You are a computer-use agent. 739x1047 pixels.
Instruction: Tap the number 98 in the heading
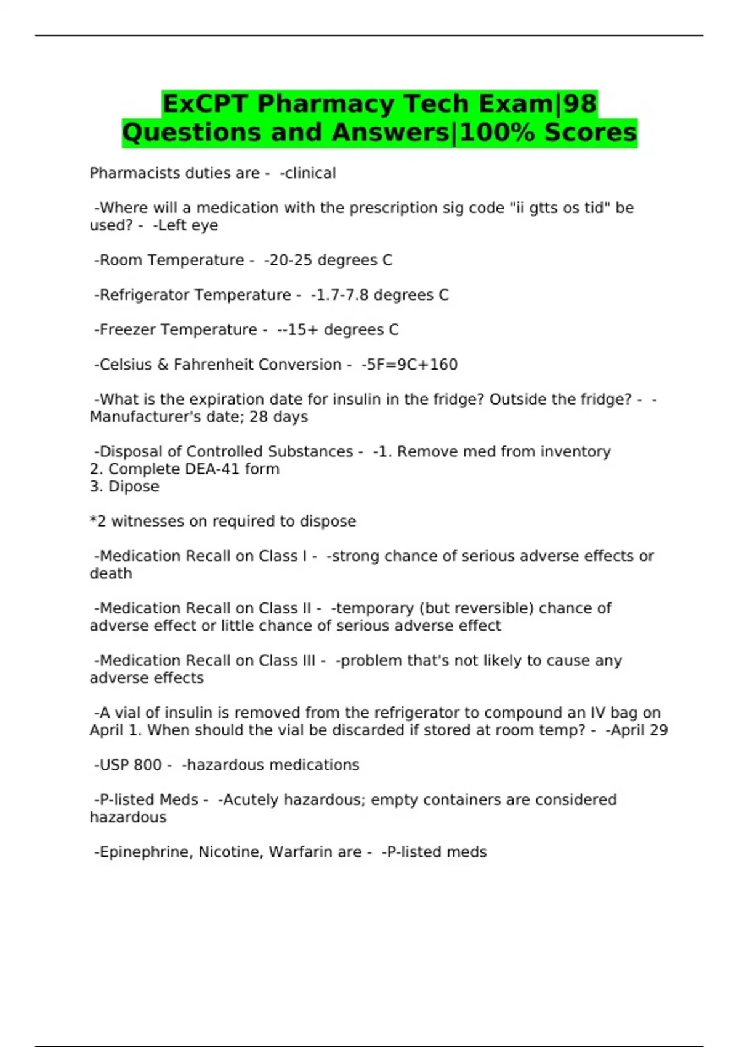tap(579, 103)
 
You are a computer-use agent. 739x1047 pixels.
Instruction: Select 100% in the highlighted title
tap(497, 132)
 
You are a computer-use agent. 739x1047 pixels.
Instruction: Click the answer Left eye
tap(187, 225)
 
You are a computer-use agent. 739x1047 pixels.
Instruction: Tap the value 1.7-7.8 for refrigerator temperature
tap(342, 295)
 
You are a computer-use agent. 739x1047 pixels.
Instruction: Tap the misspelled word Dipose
tap(134, 487)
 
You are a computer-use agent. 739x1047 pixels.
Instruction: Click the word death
tap(111, 573)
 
